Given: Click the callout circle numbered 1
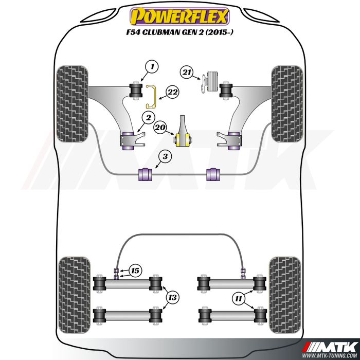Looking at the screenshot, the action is [152, 67].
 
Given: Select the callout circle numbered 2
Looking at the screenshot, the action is [148, 118].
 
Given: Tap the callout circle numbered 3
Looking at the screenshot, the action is [165, 157].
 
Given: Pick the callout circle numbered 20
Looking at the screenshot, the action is [160, 127].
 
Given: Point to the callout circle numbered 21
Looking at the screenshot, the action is [186, 73].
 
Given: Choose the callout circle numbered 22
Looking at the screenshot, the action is [172, 92].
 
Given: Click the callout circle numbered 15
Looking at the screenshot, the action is [135, 271].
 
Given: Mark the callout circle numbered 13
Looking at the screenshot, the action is [172, 298].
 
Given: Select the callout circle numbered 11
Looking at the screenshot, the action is [238, 299].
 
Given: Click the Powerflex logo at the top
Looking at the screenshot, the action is [179, 16].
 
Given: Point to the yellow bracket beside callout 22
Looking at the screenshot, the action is [151, 97].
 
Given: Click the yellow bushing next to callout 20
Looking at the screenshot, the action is [182, 139].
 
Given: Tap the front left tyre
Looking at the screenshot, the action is [73, 104].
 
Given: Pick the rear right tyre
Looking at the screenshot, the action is [285, 295].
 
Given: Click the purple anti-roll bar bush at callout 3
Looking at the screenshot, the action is [145, 174].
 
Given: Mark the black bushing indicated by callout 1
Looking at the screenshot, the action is [136, 91].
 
